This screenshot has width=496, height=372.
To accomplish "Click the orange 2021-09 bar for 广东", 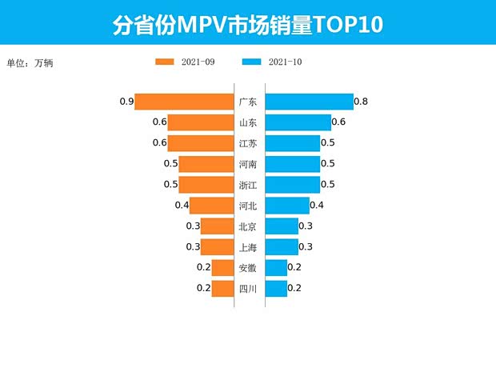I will pyautogui.click(x=184, y=102).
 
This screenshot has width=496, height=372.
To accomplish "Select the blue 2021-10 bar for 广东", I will pyautogui.click(x=309, y=102).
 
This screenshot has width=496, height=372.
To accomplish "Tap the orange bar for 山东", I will pyautogui.click(x=200, y=122).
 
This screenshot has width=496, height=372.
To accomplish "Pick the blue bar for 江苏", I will pyautogui.click(x=292, y=143).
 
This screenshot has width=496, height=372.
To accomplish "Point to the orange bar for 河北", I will pyautogui.click(x=211, y=206).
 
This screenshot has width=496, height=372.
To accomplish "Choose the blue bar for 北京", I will pyautogui.click(x=281, y=226).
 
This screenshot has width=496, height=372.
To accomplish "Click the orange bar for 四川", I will pyautogui.click(x=222, y=288).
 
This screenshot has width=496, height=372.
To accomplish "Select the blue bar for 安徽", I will pyautogui.click(x=275, y=267).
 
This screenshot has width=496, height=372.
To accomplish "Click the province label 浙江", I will pyautogui.click(x=248, y=185).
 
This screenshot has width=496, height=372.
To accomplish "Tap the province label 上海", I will pyautogui.click(x=248, y=247).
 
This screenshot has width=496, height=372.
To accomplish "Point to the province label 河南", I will pyautogui.click(x=248, y=164).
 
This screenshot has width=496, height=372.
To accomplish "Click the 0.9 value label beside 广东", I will pyautogui.click(x=126, y=102).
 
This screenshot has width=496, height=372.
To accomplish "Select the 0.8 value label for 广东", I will pyautogui.click(x=361, y=102).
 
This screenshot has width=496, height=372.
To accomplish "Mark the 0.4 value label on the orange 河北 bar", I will pyautogui.click(x=182, y=206).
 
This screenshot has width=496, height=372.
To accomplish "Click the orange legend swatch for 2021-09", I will pyautogui.click(x=166, y=62).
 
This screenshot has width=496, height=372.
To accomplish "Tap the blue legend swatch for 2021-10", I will pyautogui.click(x=252, y=62).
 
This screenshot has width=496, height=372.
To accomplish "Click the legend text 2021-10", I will pyautogui.click(x=286, y=62).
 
